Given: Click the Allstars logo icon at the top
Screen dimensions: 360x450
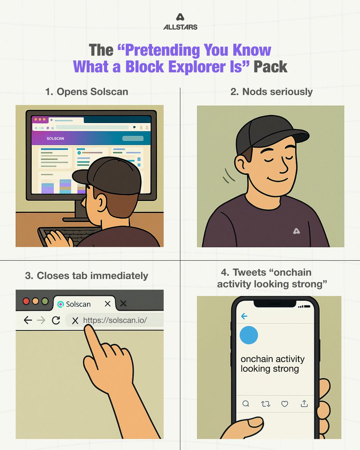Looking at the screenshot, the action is tap(180, 17).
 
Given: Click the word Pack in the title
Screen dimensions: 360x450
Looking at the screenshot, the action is tap(270, 67).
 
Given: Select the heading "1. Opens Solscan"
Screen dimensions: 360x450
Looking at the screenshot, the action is tap(87, 91).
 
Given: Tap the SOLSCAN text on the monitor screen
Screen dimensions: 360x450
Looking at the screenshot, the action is tap(55, 138).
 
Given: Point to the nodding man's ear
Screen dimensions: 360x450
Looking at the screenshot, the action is tap(241, 164).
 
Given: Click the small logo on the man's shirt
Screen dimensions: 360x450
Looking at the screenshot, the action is tap(296, 231).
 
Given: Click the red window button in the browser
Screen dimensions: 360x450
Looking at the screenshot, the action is tap(26, 301).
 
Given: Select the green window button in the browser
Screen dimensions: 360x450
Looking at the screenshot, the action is tap(45, 301).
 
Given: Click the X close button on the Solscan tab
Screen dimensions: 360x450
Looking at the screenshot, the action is tap(108, 304).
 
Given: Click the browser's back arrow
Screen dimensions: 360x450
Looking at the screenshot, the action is tap(28, 320).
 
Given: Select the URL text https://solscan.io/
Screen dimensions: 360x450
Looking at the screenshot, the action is tap(115, 320).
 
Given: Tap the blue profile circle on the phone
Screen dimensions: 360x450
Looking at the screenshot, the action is tap(249, 335).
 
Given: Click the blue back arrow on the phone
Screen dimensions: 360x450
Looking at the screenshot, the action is tap(244, 316).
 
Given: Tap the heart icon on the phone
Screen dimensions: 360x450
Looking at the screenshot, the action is tap(285, 404).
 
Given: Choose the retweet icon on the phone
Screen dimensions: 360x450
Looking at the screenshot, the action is tap(265, 404).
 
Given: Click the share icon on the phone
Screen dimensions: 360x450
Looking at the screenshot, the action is tap(304, 403).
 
